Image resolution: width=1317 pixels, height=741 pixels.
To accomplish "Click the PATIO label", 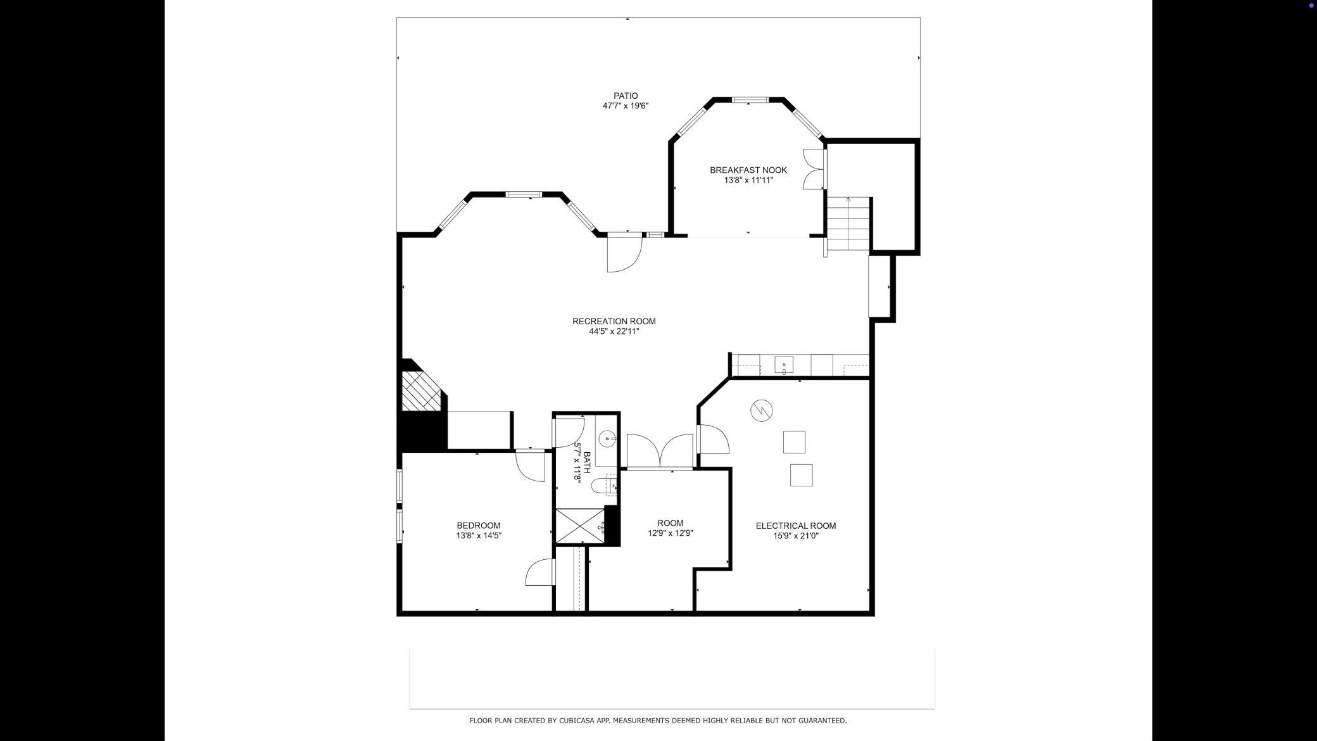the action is pyautogui.click(x=626, y=96).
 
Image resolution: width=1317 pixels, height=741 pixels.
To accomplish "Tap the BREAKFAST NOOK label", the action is pyautogui.click(x=748, y=170).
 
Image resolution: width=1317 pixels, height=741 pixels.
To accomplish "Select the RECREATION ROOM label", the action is pyautogui.click(x=614, y=321).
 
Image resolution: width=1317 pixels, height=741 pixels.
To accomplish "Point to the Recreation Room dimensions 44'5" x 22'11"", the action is pyautogui.click(x=614, y=331).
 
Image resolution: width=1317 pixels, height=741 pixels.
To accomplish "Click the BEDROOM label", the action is pyautogui.click(x=479, y=526).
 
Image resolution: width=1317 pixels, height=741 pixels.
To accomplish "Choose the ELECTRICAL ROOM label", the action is pyautogui.click(x=796, y=526).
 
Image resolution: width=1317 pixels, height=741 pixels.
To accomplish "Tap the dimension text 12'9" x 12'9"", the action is pyautogui.click(x=671, y=533).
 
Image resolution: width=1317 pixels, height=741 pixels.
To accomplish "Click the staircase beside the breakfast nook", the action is pyautogui.click(x=848, y=224).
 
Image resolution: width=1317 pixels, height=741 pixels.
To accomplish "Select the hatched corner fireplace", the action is pyautogui.click(x=420, y=391).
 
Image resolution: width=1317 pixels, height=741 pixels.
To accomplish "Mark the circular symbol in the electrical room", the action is pyautogui.click(x=762, y=410).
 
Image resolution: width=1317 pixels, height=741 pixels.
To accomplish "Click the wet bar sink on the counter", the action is pyautogui.click(x=784, y=365).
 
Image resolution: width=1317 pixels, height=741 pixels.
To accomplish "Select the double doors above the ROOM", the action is pyautogui.click(x=660, y=451).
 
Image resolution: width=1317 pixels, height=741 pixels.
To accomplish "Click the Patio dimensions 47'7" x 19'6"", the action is pyautogui.click(x=626, y=106).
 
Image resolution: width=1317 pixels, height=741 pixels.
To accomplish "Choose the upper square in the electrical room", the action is pyautogui.click(x=794, y=442).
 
